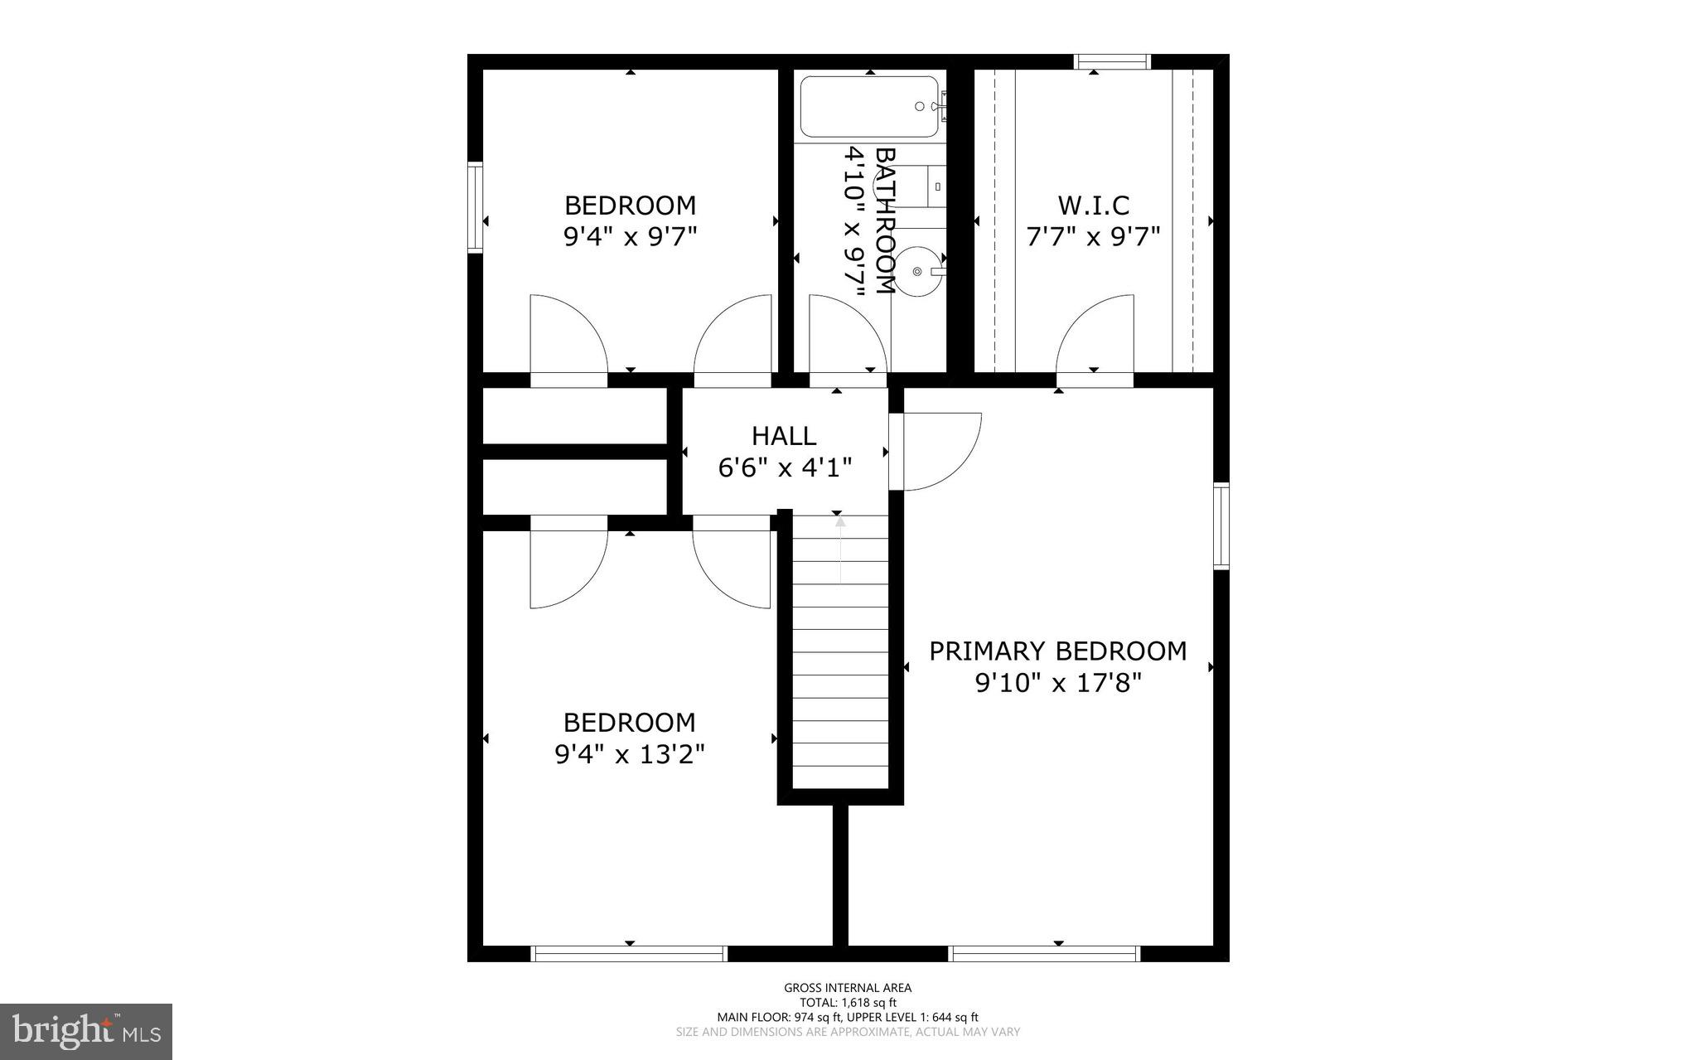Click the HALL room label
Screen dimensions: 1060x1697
tap(784, 436)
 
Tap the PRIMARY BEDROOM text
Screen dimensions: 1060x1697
tap(1057, 651)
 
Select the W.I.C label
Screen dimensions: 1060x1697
tap(1093, 205)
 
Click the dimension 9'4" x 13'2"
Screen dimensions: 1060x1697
tap(629, 755)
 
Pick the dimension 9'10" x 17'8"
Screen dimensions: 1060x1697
tap(1058, 684)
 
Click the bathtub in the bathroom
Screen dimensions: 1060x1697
tap(869, 107)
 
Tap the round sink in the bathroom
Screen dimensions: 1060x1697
tap(917, 271)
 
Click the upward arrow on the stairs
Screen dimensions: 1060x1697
tap(840, 547)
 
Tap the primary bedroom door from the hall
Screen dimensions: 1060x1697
tap(940, 452)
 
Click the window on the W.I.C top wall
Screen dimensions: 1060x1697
tap(1112, 61)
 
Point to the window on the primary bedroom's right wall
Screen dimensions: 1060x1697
tap(1221, 527)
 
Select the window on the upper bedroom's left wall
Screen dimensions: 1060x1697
tap(475, 207)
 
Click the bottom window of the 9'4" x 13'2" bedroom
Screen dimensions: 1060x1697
tap(629, 954)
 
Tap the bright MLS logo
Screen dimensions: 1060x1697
tap(85, 1031)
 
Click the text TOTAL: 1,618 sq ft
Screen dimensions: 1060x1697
tap(848, 1002)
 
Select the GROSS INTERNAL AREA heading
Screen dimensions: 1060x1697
tap(848, 988)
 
